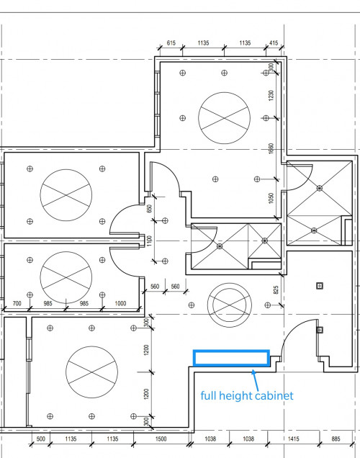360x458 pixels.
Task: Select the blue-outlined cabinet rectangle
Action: coord(231,351)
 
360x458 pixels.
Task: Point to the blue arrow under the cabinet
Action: coord(255,380)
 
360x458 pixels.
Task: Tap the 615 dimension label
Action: coord(171,43)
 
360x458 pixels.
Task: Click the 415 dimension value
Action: coord(274,43)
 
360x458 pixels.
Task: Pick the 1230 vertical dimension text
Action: coord(271,95)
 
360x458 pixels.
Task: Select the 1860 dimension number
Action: coord(271,148)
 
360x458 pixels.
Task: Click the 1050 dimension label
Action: coord(271,198)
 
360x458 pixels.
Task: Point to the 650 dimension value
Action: coord(150,208)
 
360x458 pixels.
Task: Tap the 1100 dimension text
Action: coord(150,241)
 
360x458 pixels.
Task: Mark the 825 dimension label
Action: coord(276,289)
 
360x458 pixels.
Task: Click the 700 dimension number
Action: coord(17,303)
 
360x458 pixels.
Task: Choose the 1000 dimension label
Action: coord(120,303)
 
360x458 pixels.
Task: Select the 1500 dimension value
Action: coord(161,439)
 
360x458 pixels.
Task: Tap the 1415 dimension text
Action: coord(294,439)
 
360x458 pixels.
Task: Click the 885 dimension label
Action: coord(336,439)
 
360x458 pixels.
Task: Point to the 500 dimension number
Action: coord(41,439)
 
